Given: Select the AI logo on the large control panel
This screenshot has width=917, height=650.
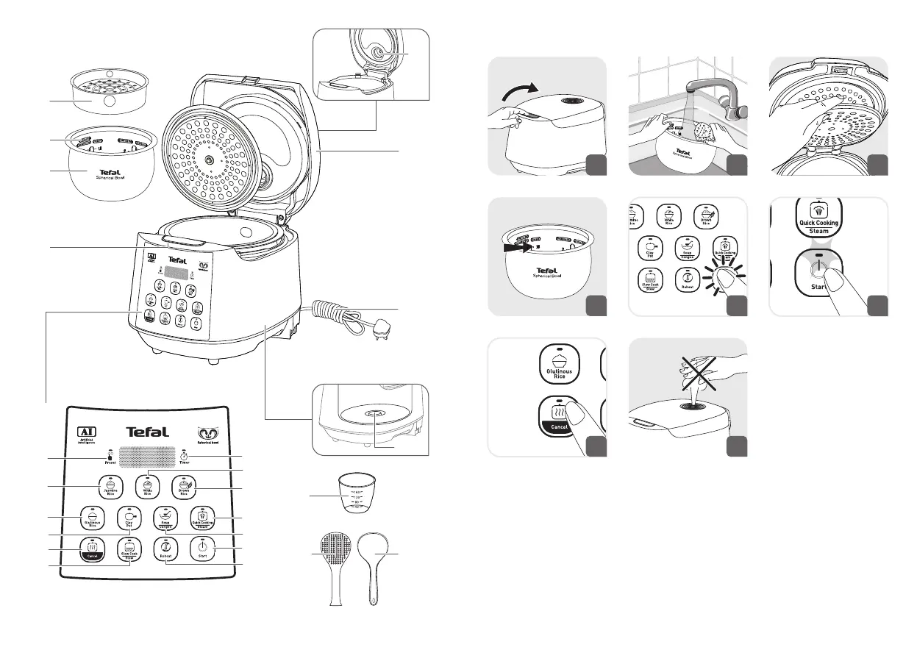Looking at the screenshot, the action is (88, 433).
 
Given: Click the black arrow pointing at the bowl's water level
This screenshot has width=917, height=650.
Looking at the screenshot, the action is (519, 248).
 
